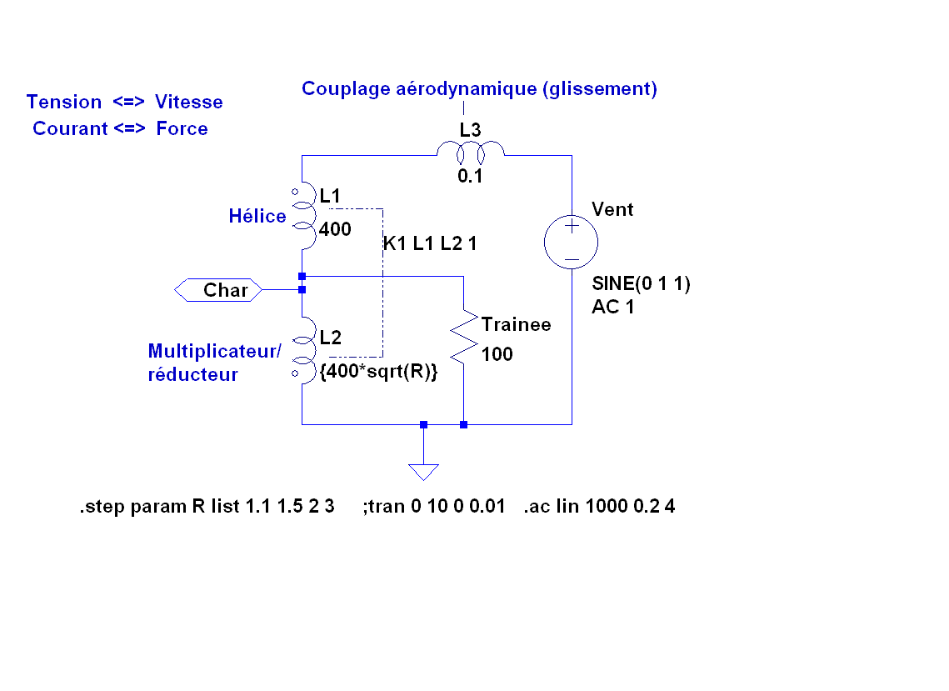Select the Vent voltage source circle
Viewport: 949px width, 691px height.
click(572, 243)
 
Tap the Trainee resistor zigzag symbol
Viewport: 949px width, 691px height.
click(462, 338)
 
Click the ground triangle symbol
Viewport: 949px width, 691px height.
click(423, 472)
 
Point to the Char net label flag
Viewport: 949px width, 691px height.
click(220, 290)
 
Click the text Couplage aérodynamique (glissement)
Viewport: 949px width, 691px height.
click(479, 88)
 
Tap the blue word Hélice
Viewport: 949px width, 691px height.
click(257, 217)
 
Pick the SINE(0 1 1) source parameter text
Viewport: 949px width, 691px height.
click(641, 283)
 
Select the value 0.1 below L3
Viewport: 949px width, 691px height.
click(470, 177)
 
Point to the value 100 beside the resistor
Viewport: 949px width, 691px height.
click(497, 354)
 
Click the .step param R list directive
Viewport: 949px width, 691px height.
click(207, 506)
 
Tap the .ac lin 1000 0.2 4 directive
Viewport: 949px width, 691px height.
click(599, 506)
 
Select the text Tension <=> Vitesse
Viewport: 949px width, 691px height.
click(125, 102)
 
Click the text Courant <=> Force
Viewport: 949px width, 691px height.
click(120, 128)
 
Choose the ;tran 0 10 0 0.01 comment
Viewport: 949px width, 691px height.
click(434, 506)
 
